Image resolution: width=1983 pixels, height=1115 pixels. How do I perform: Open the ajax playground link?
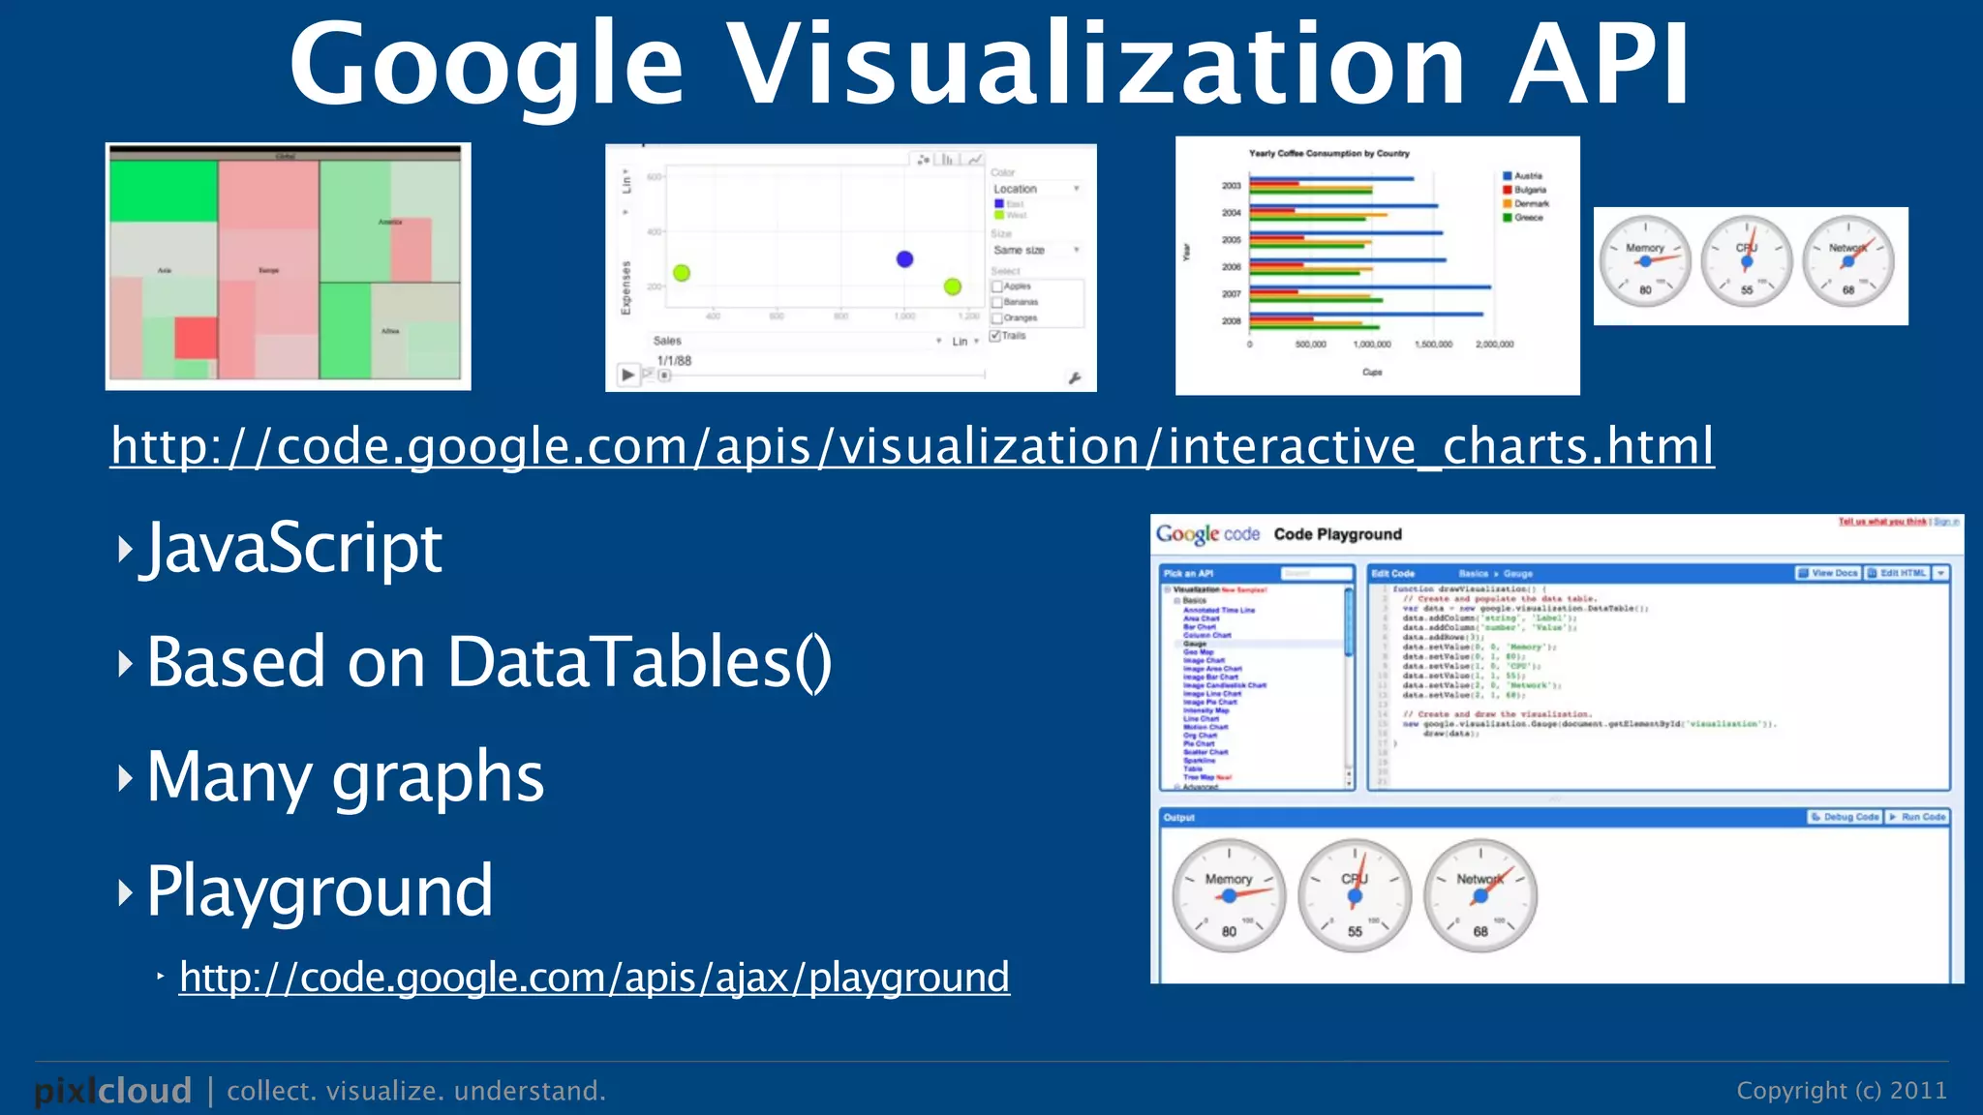pos(594,978)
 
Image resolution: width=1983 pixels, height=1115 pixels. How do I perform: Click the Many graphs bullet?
pos(345,777)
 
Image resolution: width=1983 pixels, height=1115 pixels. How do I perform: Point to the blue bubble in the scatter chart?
pos(904,259)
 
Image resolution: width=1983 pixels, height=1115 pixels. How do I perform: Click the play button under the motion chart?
pos(627,375)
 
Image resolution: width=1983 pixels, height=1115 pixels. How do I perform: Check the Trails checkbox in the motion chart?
pos(995,336)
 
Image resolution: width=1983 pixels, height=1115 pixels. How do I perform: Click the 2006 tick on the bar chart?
pos(1231,266)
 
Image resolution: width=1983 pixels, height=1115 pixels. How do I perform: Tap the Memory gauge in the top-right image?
pos(1644,261)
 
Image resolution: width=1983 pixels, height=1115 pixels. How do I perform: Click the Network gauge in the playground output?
pos(1480,895)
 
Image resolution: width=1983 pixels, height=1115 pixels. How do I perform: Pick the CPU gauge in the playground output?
pos(1354,895)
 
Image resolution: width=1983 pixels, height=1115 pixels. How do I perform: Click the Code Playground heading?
pos(1337,534)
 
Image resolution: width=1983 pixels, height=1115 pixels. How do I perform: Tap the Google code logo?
pos(1207,534)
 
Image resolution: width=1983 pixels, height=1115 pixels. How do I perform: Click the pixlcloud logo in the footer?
pos(113,1091)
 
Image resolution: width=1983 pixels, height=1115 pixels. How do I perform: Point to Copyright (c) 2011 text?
pos(1841,1091)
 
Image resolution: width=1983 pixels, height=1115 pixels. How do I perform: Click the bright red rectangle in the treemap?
pos(196,338)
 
